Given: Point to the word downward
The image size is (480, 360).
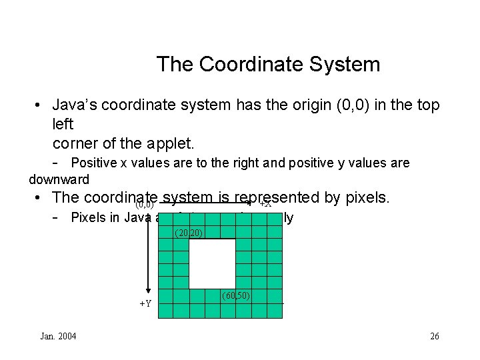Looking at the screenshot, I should tap(59, 179).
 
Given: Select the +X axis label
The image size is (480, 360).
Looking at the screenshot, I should tap(265, 204).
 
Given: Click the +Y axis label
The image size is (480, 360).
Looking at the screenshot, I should tap(145, 303).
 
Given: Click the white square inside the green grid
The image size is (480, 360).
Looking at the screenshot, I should tap(213, 263).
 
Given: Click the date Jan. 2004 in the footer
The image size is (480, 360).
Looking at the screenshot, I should tap(58, 336).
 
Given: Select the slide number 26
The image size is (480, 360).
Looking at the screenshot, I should tap(435, 336).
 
